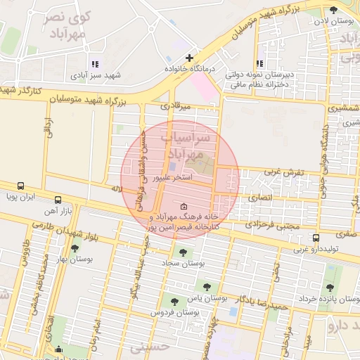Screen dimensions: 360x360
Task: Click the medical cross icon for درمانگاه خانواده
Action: pyautogui.click(x=189, y=58)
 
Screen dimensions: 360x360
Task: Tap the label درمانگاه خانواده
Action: pyautogui.click(x=188, y=70)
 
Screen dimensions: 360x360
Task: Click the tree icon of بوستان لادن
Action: pyautogui.click(x=333, y=10)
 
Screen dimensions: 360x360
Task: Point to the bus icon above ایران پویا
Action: pyautogui.click(x=20, y=186)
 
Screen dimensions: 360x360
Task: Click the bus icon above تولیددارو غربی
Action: pyautogui.click(x=316, y=238)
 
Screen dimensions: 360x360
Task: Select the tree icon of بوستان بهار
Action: pyautogui.click(x=75, y=248)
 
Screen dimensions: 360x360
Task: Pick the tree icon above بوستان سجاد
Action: pyautogui.click(x=184, y=252)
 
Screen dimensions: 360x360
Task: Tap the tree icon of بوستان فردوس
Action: pyautogui.click(x=175, y=302)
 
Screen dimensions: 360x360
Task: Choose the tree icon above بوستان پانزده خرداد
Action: pyautogui.click(x=330, y=287)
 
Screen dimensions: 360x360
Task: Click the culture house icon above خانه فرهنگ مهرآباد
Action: pyautogui.click(x=184, y=207)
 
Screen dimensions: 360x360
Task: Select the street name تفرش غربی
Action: pyautogui.click(x=284, y=172)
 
